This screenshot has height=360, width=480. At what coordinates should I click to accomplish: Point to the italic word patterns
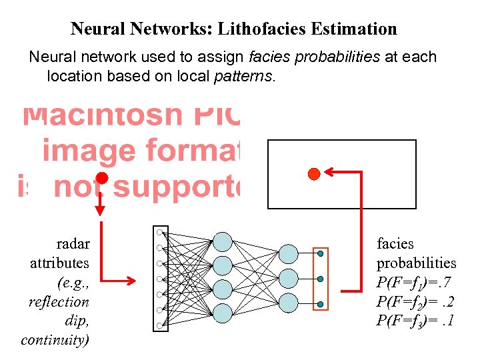[x=243, y=77]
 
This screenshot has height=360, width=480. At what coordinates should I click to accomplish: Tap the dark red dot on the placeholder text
[x=101, y=178]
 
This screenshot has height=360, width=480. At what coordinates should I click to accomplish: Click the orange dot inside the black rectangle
[x=313, y=174]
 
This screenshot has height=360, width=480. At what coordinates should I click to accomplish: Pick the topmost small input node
[x=160, y=232]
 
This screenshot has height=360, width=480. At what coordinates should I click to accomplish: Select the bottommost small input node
[x=160, y=325]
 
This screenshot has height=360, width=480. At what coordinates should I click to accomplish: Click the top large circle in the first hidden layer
[x=222, y=241]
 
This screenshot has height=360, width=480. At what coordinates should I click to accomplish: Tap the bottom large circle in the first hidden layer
[x=222, y=312]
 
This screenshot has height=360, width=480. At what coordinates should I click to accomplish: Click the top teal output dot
[x=321, y=253]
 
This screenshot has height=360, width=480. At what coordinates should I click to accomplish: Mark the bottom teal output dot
[x=321, y=304]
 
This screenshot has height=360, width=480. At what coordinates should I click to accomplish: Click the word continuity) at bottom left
[x=55, y=340]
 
